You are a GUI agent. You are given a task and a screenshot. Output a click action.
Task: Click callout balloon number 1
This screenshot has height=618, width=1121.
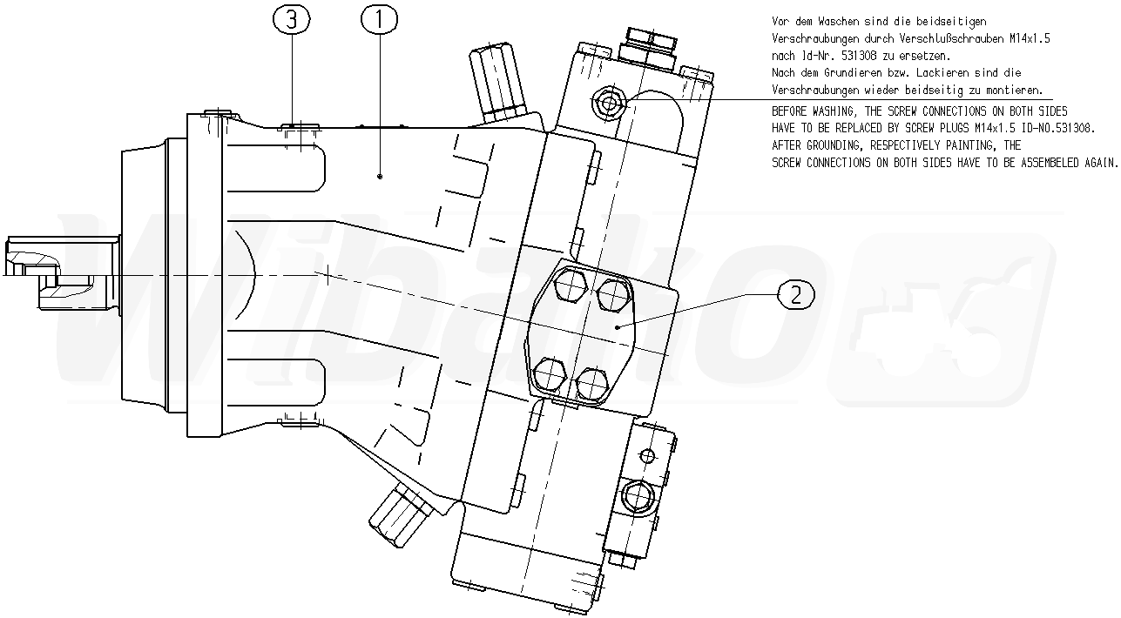pyautogui.click(x=379, y=19)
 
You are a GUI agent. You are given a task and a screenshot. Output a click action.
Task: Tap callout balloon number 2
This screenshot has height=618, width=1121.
pyautogui.click(x=796, y=294)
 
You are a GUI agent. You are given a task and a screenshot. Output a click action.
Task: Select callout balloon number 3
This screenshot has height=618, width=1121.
pyautogui.click(x=291, y=19)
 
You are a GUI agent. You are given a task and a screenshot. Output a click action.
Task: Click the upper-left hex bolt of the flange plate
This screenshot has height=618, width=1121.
pyautogui.click(x=571, y=285)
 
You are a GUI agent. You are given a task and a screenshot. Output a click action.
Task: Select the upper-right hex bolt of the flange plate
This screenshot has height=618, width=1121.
pyautogui.click(x=613, y=295)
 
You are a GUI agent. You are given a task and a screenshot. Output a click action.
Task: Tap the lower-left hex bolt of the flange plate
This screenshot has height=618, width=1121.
pyautogui.click(x=550, y=374)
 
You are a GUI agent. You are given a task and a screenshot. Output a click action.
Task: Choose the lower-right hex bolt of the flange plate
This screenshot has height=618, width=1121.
pyautogui.click(x=592, y=385)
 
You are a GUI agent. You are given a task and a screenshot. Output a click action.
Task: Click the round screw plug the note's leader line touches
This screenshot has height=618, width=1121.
pyautogui.click(x=609, y=104)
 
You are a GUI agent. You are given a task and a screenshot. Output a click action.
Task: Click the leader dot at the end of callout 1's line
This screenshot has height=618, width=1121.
pyautogui.click(x=380, y=176)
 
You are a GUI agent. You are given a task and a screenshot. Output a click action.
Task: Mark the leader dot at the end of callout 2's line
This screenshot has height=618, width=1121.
pyautogui.click(x=618, y=327)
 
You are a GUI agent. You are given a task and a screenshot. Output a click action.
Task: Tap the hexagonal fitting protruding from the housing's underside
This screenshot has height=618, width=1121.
pyautogui.click(x=401, y=516)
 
